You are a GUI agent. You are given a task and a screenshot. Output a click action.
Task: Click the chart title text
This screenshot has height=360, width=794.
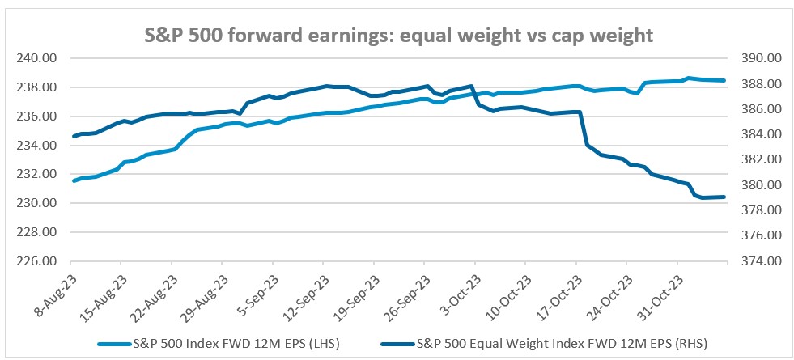397,36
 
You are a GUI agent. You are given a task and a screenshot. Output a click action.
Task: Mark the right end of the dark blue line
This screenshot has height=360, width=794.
724,197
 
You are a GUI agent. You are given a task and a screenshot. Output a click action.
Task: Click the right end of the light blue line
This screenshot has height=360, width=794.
724,81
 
